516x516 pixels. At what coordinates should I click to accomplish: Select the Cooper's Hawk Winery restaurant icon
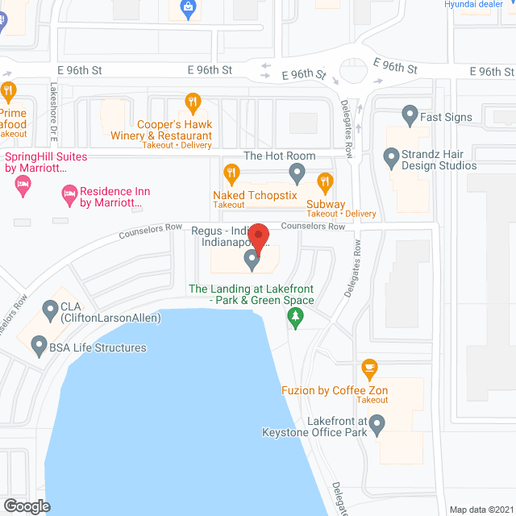point(192,102)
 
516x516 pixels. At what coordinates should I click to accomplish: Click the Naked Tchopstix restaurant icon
point(231,173)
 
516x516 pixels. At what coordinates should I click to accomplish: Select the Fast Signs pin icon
point(410,114)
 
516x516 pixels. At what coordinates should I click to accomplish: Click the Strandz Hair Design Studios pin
point(391,156)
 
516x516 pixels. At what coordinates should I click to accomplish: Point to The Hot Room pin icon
point(298,171)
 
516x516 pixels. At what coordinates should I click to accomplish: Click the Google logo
point(26,506)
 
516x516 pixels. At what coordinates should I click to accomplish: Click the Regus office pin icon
point(252,260)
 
